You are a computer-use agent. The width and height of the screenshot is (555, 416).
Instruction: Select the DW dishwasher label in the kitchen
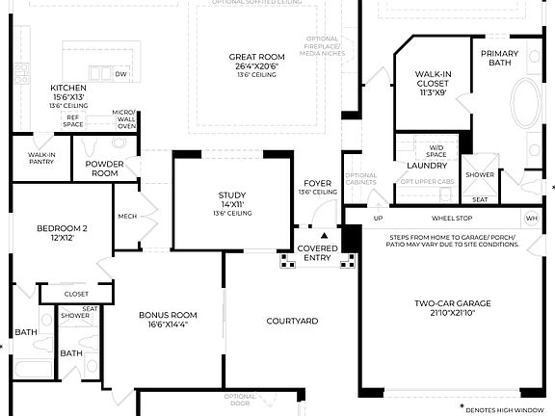120,74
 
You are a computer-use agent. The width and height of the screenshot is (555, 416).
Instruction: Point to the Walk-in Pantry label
40,158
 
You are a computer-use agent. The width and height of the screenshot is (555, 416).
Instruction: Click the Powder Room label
103,169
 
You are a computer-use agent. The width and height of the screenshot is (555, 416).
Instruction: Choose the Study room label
232,203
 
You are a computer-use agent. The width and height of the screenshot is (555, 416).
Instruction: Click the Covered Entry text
318,253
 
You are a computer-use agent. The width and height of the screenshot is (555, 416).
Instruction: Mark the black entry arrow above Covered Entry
324,234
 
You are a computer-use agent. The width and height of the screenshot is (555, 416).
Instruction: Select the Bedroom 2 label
62,233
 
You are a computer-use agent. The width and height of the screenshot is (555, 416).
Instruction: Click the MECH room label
125,216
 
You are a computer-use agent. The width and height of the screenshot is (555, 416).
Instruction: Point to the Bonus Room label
168,321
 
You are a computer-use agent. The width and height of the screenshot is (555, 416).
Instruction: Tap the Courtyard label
292,321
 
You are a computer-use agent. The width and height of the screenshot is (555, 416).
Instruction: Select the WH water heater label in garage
530,218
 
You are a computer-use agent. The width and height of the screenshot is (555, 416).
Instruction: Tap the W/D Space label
437,151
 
